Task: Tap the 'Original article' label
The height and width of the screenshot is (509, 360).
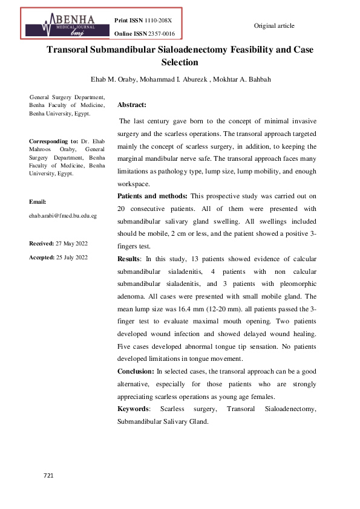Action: pos(274,25)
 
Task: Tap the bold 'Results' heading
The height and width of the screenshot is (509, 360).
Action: pos(128,259)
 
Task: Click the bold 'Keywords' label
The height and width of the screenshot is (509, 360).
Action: pos(134,409)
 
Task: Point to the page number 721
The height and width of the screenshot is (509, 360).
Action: pos(49,476)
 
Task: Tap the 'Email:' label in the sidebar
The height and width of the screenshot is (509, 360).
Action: pos(38,201)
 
